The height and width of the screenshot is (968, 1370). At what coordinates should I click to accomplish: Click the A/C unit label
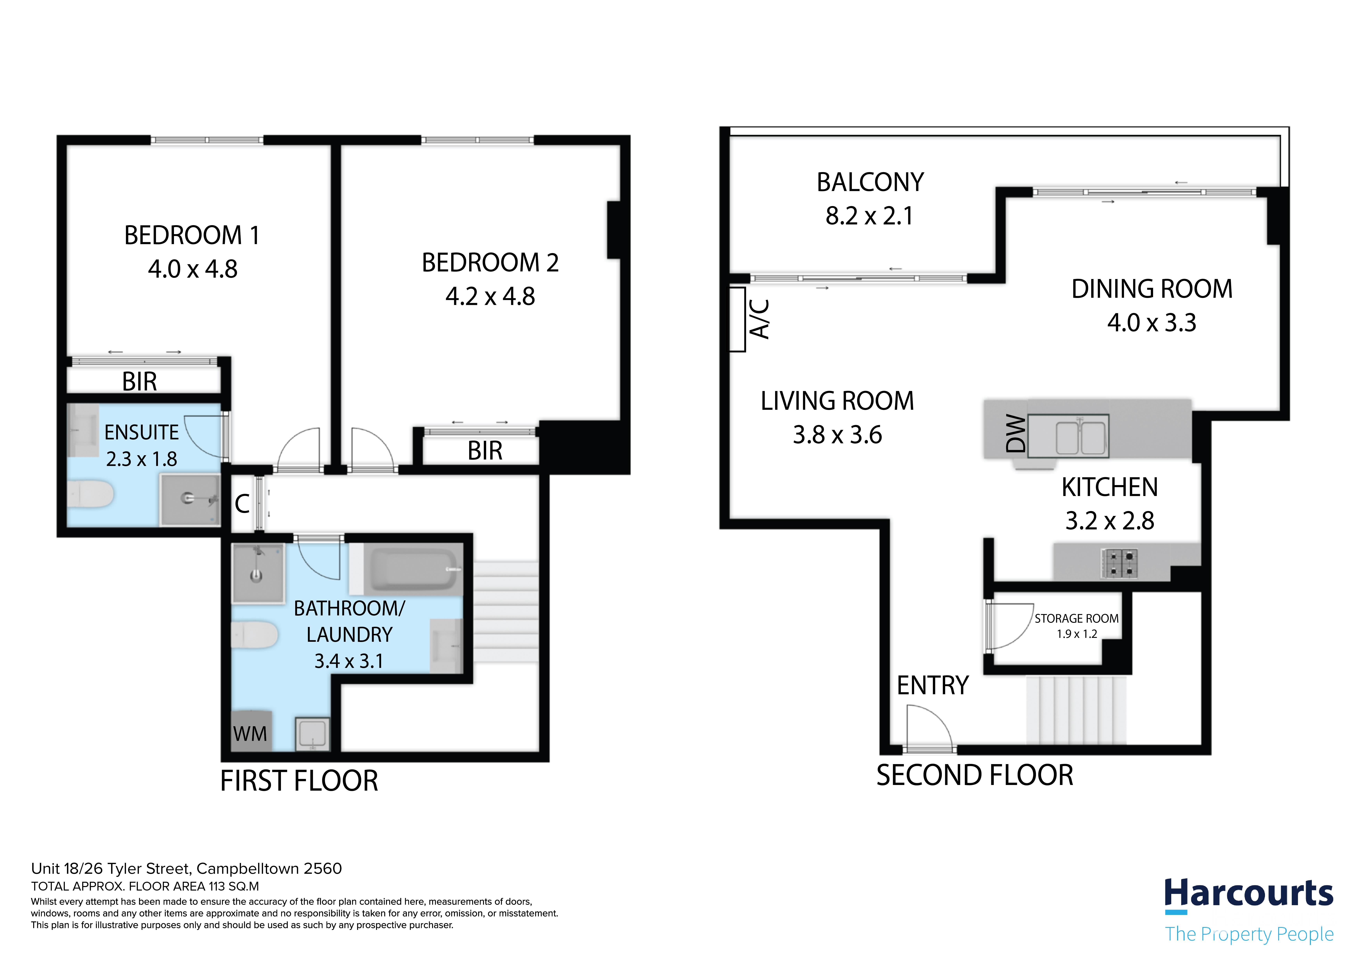click(x=759, y=319)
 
